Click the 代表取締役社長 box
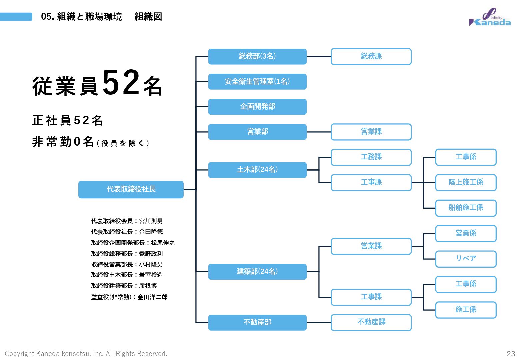[131, 189]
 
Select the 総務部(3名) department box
[257, 56]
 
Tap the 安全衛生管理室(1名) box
[257, 82]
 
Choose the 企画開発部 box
[257, 107]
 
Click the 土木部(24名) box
[257, 170]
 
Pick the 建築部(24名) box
[257, 272]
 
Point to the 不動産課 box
[371, 322]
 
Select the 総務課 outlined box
[371, 56]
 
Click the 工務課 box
[371, 157]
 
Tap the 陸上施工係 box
[466, 182]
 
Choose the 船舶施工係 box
[466, 208]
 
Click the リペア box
[466, 259]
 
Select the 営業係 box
[466, 233]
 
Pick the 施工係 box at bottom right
[466, 310]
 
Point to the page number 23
[511, 353]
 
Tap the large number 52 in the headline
[121, 83]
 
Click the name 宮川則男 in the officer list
[151, 221]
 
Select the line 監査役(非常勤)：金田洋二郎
[129, 297]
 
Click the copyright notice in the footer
[86, 353]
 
